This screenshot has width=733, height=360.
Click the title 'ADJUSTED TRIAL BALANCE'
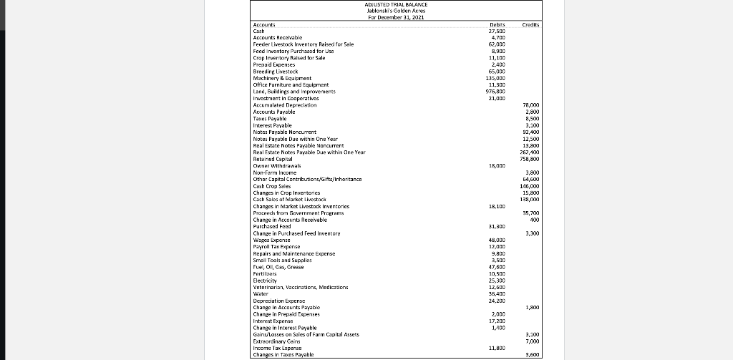click(395, 4)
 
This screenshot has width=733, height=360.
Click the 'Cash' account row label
click(259, 30)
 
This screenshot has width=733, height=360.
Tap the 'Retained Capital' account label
click(275, 159)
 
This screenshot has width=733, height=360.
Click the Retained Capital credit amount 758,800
click(530, 159)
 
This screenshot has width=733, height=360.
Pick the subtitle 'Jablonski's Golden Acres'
click(395, 11)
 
